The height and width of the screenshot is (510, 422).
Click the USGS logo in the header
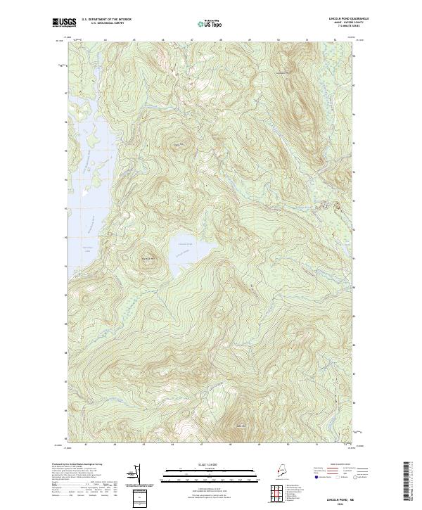64,23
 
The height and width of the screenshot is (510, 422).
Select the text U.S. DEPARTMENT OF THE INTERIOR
108,19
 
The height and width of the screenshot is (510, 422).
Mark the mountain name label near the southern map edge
241,425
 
